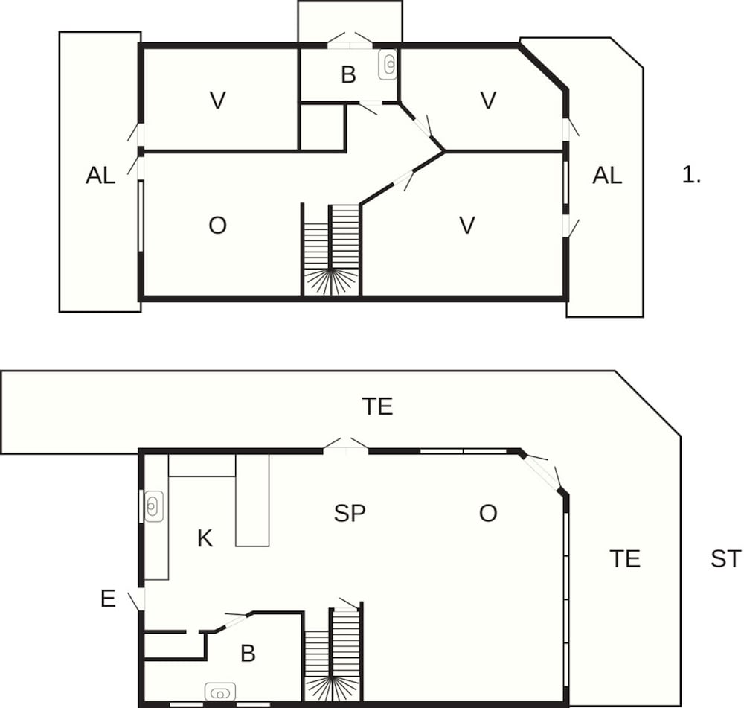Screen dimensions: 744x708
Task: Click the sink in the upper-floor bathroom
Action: pyautogui.click(x=388, y=64)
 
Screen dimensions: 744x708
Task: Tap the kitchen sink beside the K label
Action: pyautogui.click(x=154, y=506)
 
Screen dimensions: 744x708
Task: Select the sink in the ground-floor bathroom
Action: pyautogui.click(x=220, y=692)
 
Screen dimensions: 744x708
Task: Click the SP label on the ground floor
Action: pyautogui.click(x=350, y=513)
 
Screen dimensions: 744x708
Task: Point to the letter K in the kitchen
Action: pyautogui.click(x=205, y=538)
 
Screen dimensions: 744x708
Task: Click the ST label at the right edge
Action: pyautogui.click(x=725, y=558)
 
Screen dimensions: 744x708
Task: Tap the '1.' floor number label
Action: pyautogui.click(x=691, y=175)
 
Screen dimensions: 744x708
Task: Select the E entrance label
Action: pyautogui.click(x=108, y=599)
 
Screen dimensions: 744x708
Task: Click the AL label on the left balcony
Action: pyautogui.click(x=100, y=176)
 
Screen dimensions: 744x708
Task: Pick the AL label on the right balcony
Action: pyautogui.click(x=607, y=176)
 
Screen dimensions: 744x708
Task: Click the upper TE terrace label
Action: pyautogui.click(x=377, y=406)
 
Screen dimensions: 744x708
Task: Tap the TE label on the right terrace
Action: pyautogui.click(x=625, y=558)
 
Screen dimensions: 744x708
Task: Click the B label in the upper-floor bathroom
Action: pyautogui.click(x=348, y=74)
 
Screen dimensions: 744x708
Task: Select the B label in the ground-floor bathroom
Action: pyautogui.click(x=248, y=654)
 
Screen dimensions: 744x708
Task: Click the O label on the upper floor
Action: pyautogui.click(x=217, y=226)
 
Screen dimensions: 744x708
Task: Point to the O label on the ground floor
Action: pyautogui.click(x=488, y=513)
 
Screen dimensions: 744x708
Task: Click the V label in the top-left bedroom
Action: pyautogui.click(x=217, y=101)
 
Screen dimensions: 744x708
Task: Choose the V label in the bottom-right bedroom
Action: pyautogui.click(x=467, y=226)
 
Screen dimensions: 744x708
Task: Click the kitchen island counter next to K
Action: pyautogui.click(x=252, y=500)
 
